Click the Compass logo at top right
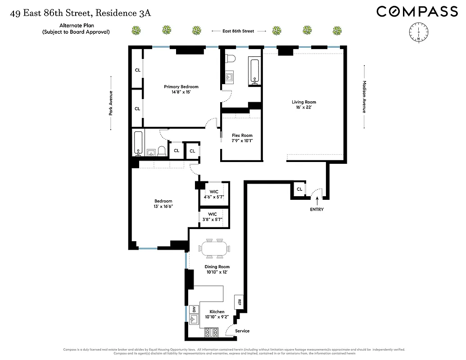[x=417, y=11]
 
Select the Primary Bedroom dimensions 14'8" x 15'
[x=181, y=92]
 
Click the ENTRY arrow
[x=316, y=201]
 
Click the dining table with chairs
[x=214, y=248]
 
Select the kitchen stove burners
[x=211, y=332]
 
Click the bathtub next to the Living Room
[x=254, y=71]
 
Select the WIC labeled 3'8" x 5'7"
[x=213, y=217]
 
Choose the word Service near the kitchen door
[x=242, y=331]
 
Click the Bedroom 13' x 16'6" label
[x=163, y=203]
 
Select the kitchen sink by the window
[x=195, y=320]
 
